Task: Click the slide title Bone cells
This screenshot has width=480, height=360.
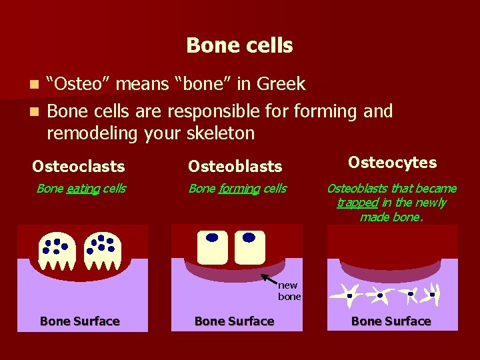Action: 239,45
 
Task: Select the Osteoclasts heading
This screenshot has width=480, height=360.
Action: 78,166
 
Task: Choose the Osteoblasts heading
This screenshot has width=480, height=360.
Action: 235,166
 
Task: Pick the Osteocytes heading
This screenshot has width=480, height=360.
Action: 392,163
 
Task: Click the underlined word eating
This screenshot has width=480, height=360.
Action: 83,189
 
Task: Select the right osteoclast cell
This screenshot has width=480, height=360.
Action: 102,252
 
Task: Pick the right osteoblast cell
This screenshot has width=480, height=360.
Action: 250,247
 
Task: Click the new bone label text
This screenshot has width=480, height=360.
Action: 289,291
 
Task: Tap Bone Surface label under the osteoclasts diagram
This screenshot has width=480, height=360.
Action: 79,321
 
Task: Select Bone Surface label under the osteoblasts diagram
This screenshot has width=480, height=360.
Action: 234,321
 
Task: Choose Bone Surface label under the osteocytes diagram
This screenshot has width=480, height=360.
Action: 391,321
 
